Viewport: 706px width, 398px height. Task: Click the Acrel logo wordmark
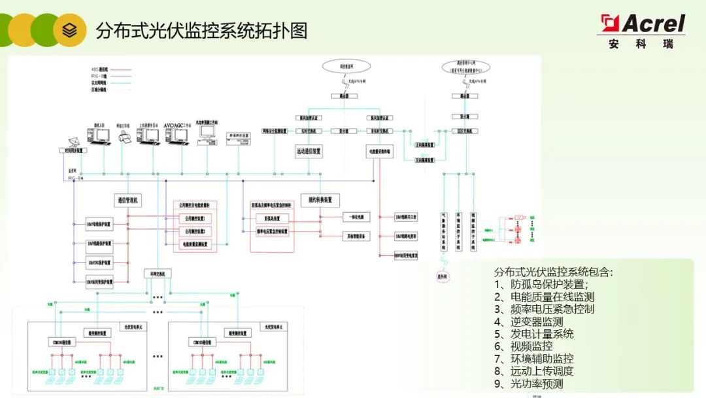[652, 24]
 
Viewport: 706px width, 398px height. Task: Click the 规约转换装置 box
[320, 200]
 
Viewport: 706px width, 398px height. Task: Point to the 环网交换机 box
[158, 273]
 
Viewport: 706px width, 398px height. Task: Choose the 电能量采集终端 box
[378, 151]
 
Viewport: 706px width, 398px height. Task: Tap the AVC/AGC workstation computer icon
[177, 134]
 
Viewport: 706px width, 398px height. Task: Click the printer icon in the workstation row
[126, 136]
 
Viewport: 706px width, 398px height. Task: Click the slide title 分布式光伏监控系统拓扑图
[201, 30]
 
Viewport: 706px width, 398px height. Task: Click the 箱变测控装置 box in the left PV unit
[96, 333]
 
